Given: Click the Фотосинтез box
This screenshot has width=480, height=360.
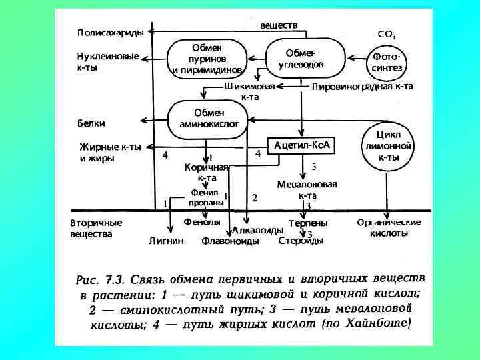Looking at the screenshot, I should (x=386, y=62).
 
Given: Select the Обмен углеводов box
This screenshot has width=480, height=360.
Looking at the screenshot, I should (x=305, y=59).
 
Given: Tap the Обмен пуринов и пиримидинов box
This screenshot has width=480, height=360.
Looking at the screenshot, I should (x=207, y=59).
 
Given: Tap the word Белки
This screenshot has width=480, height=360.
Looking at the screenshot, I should (x=92, y=123).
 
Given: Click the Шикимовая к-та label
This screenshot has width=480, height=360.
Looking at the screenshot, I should (x=250, y=91).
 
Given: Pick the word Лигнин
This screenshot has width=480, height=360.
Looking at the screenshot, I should (x=166, y=241).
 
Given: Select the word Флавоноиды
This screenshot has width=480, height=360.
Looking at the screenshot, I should (x=231, y=241).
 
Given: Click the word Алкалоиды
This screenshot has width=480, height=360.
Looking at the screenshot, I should (x=254, y=230).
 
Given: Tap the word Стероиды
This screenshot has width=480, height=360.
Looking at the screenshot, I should (x=301, y=241).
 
